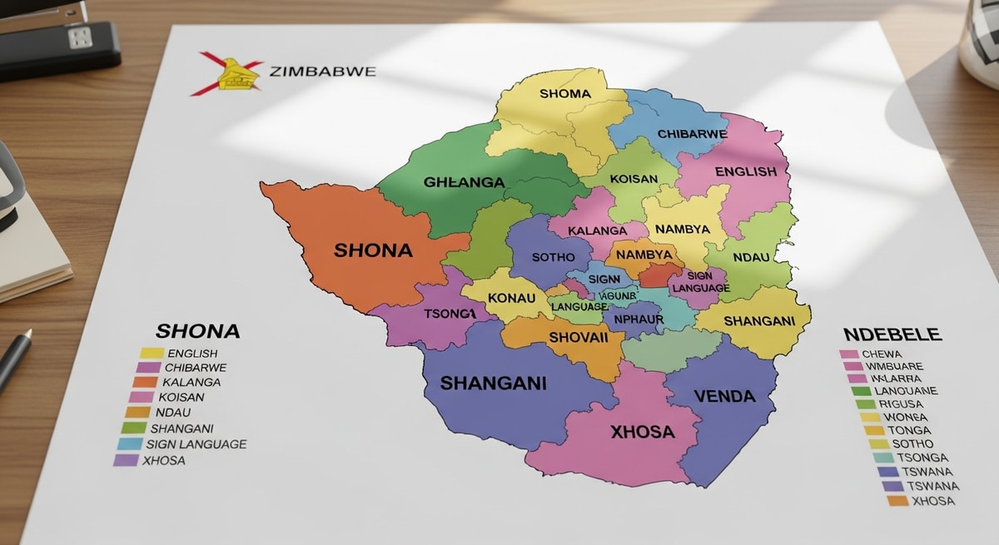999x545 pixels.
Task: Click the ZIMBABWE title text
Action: coord(323,71)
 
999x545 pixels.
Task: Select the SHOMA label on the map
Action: coord(564,94)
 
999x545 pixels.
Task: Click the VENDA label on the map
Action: coord(724,395)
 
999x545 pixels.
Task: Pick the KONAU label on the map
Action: coord(511,298)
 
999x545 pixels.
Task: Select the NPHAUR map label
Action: coord(638,318)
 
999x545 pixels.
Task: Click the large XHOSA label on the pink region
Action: coord(642,432)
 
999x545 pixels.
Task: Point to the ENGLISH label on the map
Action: coord(745,171)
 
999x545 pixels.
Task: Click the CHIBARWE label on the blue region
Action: coord(692,134)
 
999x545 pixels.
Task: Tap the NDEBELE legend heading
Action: coord(892,334)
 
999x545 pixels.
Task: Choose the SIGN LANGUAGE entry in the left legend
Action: coord(196,444)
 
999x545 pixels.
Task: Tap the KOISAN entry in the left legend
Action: coord(180,397)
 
